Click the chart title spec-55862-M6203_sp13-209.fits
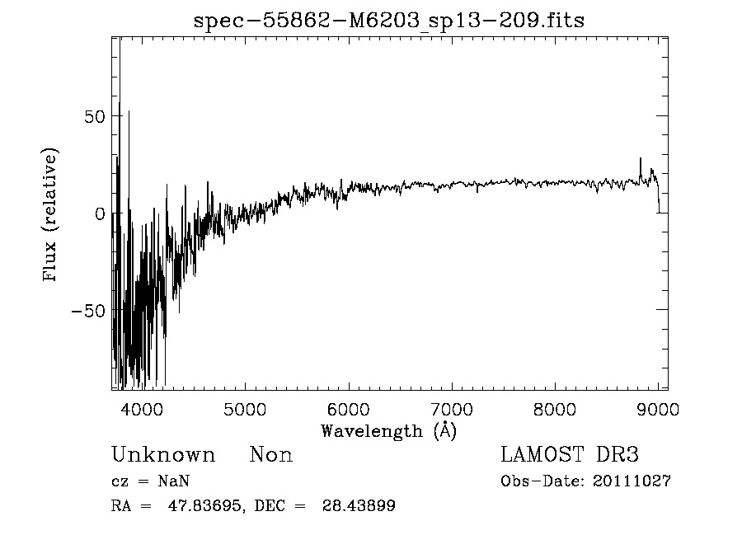pyautogui.click(x=388, y=21)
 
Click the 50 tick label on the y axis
pyautogui.click(x=95, y=116)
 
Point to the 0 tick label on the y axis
pyautogui.click(x=101, y=214)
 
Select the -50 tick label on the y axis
pyautogui.click(x=89, y=311)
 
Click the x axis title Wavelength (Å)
pyautogui.click(x=388, y=430)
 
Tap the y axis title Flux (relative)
pyautogui.click(x=51, y=214)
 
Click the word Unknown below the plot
pyautogui.click(x=163, y=455)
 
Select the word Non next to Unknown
pyautogui.click(x=270, y=455)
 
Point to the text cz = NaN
pyautogui.click(x=153, y=481)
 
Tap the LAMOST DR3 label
pyautogui.click(x=570, y=455)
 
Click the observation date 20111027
pyautogui.click(x=632, y=481)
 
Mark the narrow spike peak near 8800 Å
pyautogui.click(x=640, y=158)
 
